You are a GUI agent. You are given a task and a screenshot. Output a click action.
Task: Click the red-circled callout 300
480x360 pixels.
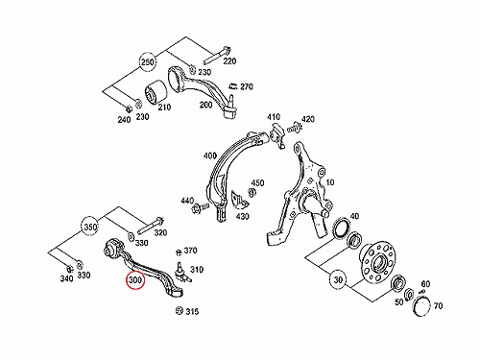click(135, 279)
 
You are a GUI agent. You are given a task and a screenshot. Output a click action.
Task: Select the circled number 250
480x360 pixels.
click(148, 62)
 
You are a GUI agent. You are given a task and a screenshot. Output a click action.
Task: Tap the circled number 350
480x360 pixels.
click(90, 228)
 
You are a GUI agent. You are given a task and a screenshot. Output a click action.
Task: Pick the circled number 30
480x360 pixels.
click(339, 279)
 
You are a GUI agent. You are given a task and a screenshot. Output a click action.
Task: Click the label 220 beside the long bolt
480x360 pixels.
click(229, 60)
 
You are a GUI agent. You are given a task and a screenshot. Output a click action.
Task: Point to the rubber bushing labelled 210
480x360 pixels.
click(156, 93)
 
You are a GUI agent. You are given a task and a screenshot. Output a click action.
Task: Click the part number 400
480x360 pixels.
click(210, 156)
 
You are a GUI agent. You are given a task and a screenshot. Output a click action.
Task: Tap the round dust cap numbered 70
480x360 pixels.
click(422, 306)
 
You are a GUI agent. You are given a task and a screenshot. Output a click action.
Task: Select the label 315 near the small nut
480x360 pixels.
click(192, 311)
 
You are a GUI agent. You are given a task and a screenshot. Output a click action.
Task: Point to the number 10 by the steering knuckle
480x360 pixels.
click(330, 182)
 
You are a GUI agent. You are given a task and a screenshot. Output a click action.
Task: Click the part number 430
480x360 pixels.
click(242, 217)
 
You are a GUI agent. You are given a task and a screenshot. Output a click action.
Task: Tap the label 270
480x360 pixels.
click(247, 86)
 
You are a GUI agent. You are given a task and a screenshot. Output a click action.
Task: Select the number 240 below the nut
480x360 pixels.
click(124, 120)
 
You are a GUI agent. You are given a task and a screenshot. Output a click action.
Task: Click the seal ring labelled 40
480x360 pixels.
click(341, 228)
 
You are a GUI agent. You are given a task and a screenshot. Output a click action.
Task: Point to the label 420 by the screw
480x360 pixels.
click(308, 119)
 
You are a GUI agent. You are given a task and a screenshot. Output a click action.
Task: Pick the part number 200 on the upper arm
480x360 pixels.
click(205, 105)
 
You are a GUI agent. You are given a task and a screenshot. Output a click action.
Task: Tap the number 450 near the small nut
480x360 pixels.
click(257, 183)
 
